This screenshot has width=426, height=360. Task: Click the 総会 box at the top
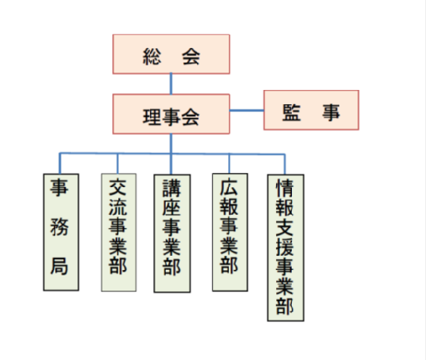(x=171, y=54)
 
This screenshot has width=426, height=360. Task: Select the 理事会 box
(x=171, y=114)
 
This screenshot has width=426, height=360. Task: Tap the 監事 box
(x=311, y=110)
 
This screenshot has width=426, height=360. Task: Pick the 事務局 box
(x=61, y=232)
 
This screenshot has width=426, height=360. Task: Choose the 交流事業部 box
(x=118, y=232)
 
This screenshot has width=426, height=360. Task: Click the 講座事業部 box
(x=172, y=234)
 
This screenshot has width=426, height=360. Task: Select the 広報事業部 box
(x=230, y=232)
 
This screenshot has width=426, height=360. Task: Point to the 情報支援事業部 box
(x=286, y=248)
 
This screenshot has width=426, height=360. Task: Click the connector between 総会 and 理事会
(x=171, y=84)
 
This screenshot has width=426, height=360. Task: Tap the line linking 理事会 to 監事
(x=247, y=111)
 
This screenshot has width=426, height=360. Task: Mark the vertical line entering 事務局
(x=60, y=163)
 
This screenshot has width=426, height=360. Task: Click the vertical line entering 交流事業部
(x=118, y=163)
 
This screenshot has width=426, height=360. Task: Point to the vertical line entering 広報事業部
(x=229, y=163)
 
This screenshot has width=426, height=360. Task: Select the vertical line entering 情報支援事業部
(x=285, y=164)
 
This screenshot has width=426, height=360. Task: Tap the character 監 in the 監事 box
(x=292, y=112)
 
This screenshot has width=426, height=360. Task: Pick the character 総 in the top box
(x=152, y=57)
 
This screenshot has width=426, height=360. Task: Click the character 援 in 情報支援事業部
(x=285, y=247)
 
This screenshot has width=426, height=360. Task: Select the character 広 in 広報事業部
(x=229, y=187)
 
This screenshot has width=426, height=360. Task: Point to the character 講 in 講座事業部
(x=172, y=188)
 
